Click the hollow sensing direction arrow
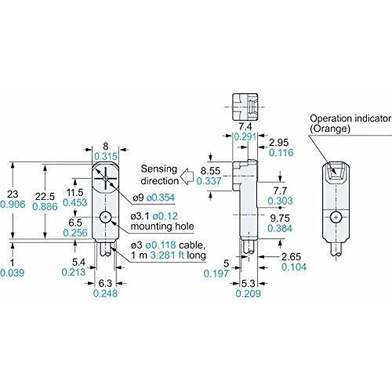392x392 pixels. click(x=187, y=176)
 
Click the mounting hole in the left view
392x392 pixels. click(x=105, y=217)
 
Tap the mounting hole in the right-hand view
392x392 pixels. click(x=336, y=217)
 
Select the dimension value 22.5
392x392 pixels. click(x=45, y=196)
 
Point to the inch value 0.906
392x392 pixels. click(x=13, y=205)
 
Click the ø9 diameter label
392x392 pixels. click(x=139, y=198)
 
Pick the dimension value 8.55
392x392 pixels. click(x=210, y=171)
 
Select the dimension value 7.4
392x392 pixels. click(x=245, y=127)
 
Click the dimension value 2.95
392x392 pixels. click(x=279, y=143)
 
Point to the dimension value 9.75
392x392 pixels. click(x=280, y=218)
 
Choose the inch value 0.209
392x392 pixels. click(x=248, y=293)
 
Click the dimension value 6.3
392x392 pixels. click(x=105, y=283)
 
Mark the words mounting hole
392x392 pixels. click(x=162, y=227)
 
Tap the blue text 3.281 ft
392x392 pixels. click(x=167, y=255)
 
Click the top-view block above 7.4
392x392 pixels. click(x=245, y=107)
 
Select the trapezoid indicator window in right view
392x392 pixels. click(x=336, y=170)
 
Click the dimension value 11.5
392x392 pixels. click(x=74, y=193)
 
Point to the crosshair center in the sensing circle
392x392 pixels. click(x=105, y=178)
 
